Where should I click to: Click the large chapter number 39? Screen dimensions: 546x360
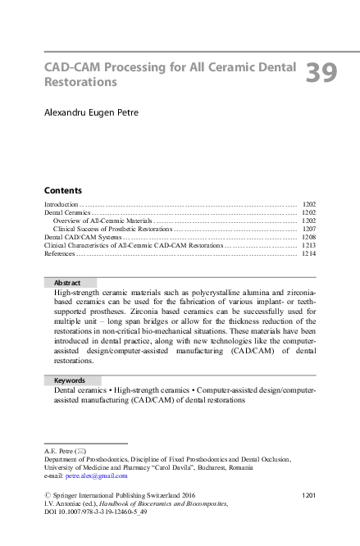321,74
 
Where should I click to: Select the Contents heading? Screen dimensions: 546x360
62,189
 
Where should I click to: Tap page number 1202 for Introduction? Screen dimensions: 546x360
308,203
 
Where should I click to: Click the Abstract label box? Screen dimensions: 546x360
70,282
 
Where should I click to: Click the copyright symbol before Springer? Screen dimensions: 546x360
47,495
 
